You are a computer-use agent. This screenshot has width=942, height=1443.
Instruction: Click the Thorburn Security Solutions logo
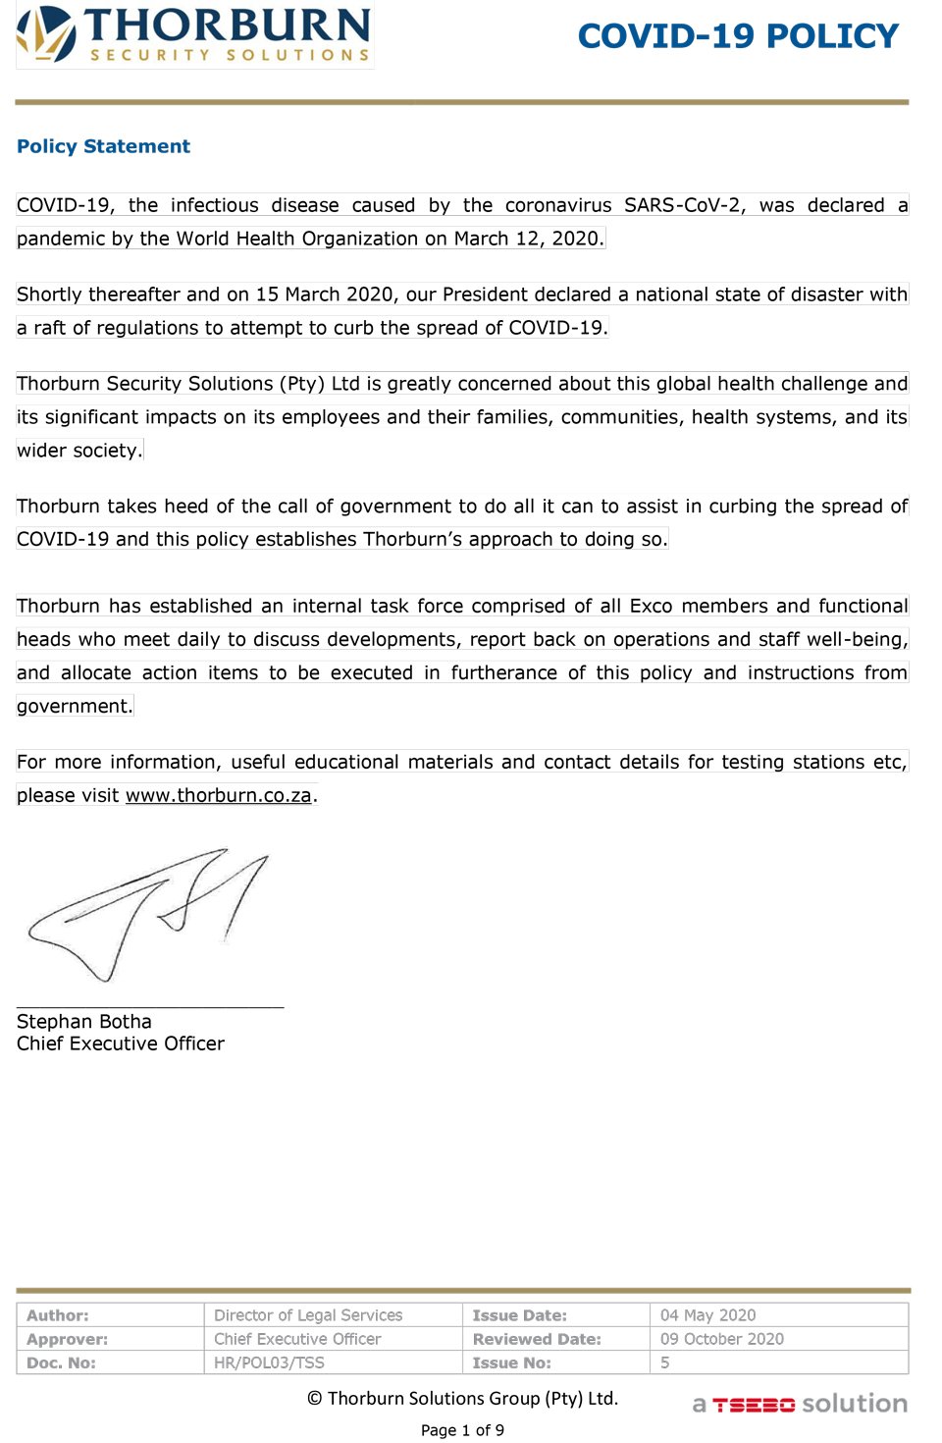194,36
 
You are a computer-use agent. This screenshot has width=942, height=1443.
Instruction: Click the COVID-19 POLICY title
738,36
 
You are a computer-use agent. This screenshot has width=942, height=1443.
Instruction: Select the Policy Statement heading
103,146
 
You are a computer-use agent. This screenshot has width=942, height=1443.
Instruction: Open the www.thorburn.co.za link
218,795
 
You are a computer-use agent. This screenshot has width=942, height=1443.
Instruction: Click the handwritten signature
147,913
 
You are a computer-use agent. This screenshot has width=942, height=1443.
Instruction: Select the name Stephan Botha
84,1022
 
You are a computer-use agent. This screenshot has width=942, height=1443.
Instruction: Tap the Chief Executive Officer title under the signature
121,1043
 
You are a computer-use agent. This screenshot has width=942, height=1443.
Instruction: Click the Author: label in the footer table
58,1315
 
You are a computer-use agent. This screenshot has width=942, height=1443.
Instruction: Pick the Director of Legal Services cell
308,1315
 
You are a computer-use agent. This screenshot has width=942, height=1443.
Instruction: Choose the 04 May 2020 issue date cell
707,1315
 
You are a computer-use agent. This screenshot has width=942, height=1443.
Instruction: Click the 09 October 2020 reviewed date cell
721,1339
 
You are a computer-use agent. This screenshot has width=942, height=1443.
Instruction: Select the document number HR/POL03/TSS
269,1363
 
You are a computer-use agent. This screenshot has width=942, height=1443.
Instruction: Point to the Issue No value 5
665,1363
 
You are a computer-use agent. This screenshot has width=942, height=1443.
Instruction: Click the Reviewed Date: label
537,1339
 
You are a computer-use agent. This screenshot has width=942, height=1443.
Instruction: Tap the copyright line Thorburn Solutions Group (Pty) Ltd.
463,1399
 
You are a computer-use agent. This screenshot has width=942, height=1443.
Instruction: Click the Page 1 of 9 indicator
462,1430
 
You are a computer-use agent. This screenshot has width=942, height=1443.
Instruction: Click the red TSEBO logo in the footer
754,1405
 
